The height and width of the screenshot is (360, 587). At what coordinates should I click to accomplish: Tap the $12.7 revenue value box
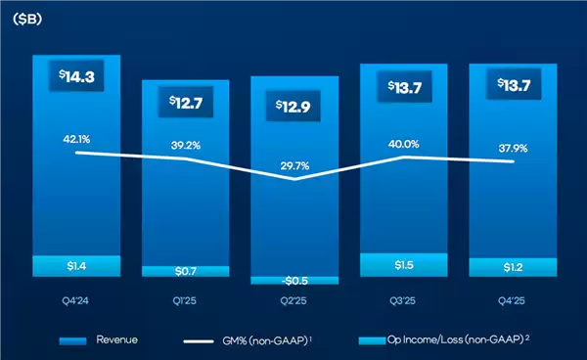coord(185,102)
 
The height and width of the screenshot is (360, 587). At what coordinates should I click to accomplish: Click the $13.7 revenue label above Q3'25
coord(403,88)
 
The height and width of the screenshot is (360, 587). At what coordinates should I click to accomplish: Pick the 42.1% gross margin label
coord(75,140)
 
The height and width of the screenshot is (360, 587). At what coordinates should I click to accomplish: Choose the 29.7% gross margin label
coord(293,165)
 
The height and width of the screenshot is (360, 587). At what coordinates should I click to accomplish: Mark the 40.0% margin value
coord(403,143)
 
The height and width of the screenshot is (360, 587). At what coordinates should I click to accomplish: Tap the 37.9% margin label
coord(512,150)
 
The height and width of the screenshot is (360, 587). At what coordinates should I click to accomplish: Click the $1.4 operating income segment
coord(75,265)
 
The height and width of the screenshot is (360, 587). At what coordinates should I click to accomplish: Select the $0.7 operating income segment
coord(185,271)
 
